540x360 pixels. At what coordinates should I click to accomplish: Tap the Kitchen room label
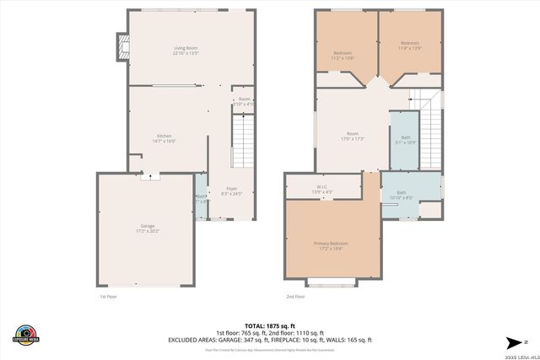[x=164, y=139]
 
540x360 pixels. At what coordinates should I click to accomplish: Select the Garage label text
[x=148, y=228]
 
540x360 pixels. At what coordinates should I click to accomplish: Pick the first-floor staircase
[x=242, y=141]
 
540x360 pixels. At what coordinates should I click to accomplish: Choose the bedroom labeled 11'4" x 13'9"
[x=410, y=46]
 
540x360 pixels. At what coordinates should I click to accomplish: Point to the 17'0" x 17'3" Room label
[x=353, y=137]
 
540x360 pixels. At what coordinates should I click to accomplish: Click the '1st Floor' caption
[x=109, y=297]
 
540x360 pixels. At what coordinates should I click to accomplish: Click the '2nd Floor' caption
[x=296, y=297]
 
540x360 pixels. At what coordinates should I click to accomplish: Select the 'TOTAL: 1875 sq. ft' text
[x=270, y=325]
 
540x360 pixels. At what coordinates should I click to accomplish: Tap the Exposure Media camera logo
[x=26, y=333]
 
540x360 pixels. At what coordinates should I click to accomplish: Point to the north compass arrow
[x=513, y=341]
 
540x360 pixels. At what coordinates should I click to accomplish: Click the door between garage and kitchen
[x=149, y=175]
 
